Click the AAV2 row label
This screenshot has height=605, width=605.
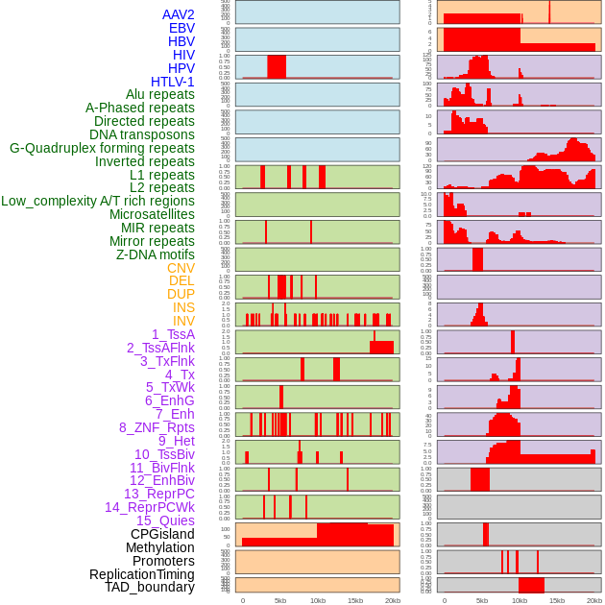tap(179, 14)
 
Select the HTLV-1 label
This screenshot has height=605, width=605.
tap(173, 82)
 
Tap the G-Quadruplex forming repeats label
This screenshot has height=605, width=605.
tap(102, 148)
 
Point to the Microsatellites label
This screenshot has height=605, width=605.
tap(152, 214)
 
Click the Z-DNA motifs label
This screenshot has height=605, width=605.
tap(156, 254)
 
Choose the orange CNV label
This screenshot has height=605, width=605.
tap(181, 268)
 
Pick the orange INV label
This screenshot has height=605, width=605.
tap(183, 321)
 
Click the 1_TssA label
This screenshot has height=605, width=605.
tap(173, 334)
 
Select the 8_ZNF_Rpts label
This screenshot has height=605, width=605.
tap(157, 427)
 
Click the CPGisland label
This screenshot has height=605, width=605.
tap(162, 534)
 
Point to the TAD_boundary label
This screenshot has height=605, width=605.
tap(150, 587)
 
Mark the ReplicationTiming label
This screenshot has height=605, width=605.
tap(142, 574)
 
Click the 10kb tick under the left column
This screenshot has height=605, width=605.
tap(318, 600)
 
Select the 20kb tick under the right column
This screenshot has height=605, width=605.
tap(594, 600)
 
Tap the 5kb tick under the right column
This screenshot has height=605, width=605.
tap(482, 600)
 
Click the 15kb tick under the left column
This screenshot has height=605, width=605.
tap(355, 600)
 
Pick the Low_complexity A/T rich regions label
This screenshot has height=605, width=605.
tap(98, 201)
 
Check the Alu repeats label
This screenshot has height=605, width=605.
tap(160, 94)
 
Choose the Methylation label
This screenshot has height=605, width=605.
tap(154, 547)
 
